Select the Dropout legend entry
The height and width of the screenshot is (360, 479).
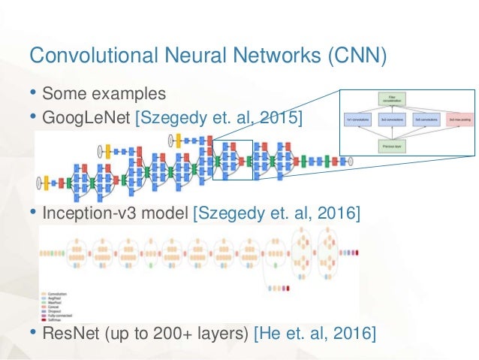[53, 309]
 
